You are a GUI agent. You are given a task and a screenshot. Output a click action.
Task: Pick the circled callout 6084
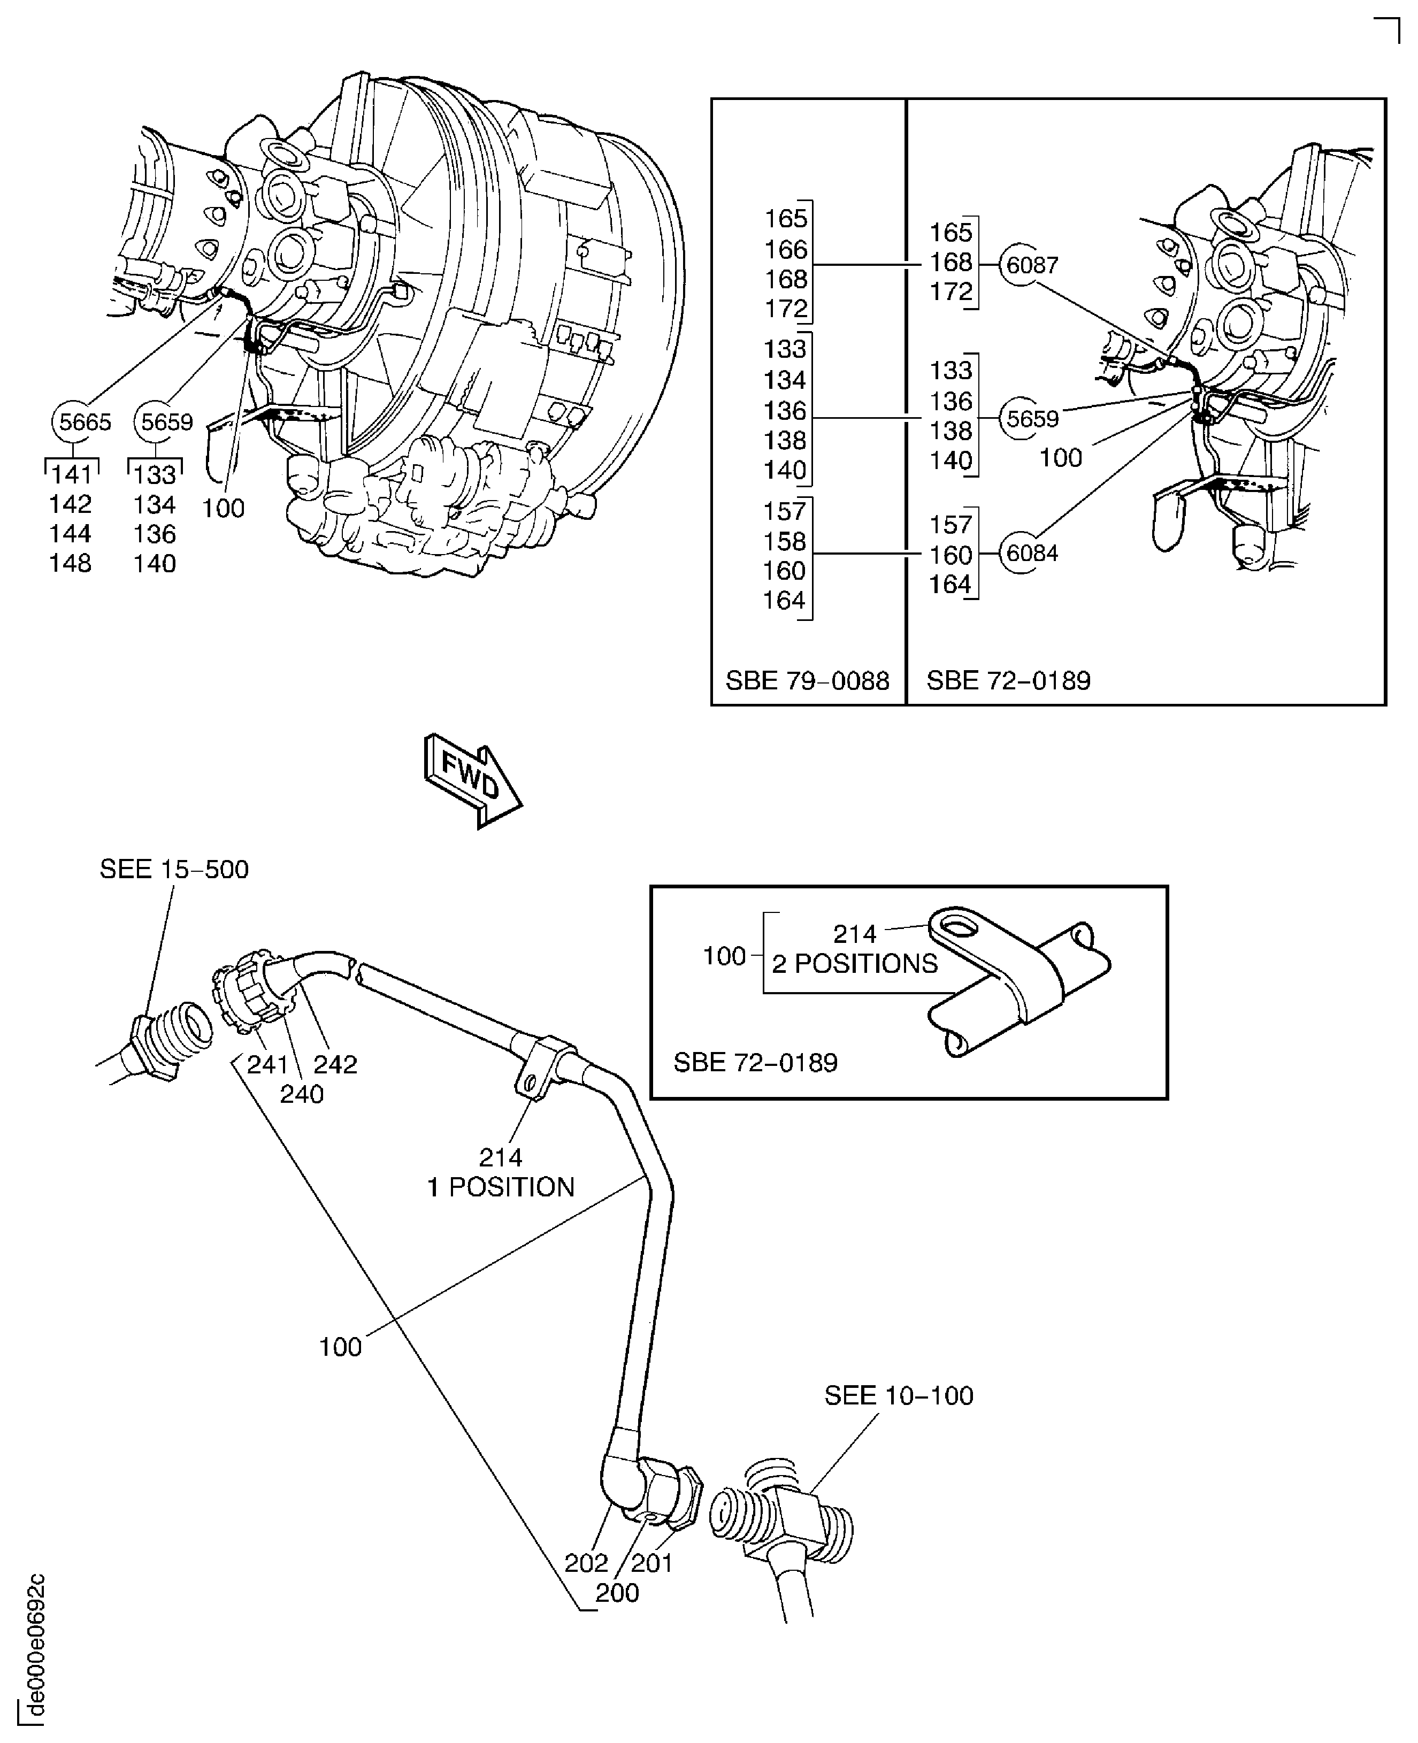pyautogui.click(x=1031, y=553)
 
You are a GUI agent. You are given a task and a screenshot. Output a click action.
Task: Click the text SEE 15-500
pyautogui.click(x=174, y=869)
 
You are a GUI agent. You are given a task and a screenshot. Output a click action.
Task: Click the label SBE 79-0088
pyautogui.click(x=807, y=680)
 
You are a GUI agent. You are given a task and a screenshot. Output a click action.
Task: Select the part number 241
pyautogui.click(x=267, y=1064)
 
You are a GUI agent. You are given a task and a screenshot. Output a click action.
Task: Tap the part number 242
pyautogui.click(x=336, y=1064)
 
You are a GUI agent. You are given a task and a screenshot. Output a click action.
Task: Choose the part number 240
pyautogui.click(x=301, y=1094)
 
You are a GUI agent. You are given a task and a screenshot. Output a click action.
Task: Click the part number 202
pyautogui.click(x=586, y=1562)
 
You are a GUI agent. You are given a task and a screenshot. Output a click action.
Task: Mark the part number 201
pyautogui.click(x=652, y=1562)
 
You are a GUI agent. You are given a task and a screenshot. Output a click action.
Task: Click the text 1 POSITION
pyautogui.click(x=501, y=1187)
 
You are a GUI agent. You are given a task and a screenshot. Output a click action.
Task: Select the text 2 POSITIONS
pyautogui.click(x=854, y=964)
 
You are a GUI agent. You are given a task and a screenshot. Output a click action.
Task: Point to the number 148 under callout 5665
pyautogui.click(x=70, y=563)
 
